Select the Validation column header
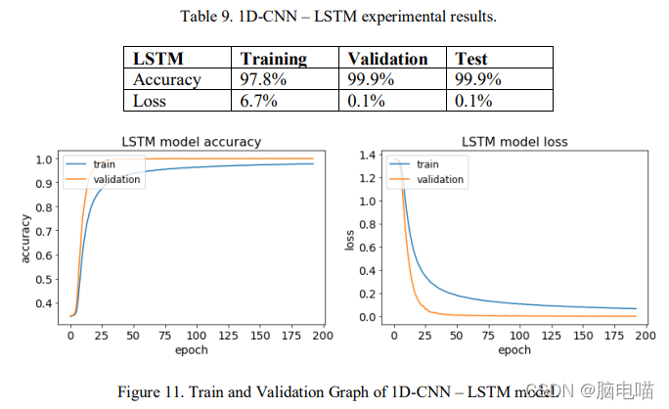tap(388, 59)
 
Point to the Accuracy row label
tap(167, 79)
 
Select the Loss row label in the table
tap(152, 100)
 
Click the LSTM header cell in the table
tap(158, 59)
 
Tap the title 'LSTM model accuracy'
tap(192, 142)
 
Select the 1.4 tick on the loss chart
tap(369, 155)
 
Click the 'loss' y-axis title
tap(349, 238)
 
